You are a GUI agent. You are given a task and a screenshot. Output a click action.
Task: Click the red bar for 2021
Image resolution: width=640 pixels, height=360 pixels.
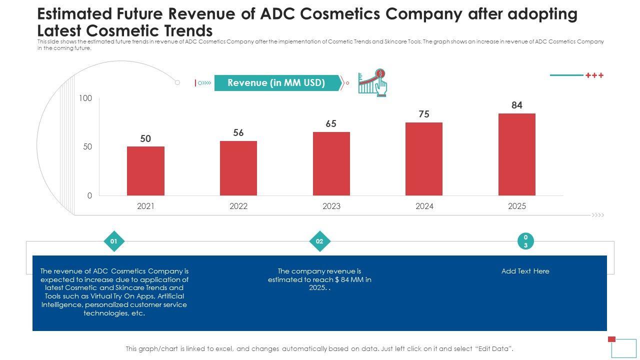point(145,170)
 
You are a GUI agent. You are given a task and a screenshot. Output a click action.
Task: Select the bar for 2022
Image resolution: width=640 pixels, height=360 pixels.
point(238,168)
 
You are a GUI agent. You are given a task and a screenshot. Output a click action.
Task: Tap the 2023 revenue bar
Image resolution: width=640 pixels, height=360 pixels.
point(331,163)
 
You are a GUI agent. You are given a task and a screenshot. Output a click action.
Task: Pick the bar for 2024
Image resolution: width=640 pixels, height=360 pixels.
point(424,158)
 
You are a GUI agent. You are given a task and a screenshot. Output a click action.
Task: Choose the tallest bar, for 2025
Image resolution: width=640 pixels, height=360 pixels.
point(517,154)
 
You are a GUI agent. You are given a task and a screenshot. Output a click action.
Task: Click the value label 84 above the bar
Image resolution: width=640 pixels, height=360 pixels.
point(517,105)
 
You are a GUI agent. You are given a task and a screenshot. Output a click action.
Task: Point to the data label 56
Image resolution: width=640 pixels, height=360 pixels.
point(238,132)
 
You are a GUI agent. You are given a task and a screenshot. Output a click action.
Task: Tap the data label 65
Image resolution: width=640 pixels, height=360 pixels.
point(331,123)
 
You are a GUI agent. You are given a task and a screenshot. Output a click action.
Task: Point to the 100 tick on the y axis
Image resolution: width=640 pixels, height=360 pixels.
point(85,98)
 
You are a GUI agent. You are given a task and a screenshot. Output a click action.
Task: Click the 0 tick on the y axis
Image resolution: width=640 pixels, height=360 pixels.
point(89,195)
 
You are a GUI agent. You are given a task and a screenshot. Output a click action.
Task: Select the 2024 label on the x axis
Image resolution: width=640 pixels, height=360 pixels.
point(424,206)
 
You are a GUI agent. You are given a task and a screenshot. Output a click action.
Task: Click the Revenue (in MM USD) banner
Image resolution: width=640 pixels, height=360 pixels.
point(276,83)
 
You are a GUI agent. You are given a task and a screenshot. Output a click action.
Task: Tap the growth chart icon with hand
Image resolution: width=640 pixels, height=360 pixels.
point(373,82)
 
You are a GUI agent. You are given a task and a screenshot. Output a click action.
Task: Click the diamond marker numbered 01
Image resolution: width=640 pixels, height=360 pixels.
point(114,241)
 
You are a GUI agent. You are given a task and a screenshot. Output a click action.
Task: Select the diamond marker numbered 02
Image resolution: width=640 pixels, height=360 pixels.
point(319,241)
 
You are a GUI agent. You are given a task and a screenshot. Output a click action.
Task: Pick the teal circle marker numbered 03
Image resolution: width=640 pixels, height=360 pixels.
point(525,241)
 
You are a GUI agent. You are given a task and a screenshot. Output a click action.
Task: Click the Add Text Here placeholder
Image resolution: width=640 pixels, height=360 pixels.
point(525,271)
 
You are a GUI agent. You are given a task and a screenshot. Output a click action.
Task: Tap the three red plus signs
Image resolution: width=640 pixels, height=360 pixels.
point(594,75)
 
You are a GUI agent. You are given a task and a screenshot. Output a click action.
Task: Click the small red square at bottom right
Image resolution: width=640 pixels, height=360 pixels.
point(611,339)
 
